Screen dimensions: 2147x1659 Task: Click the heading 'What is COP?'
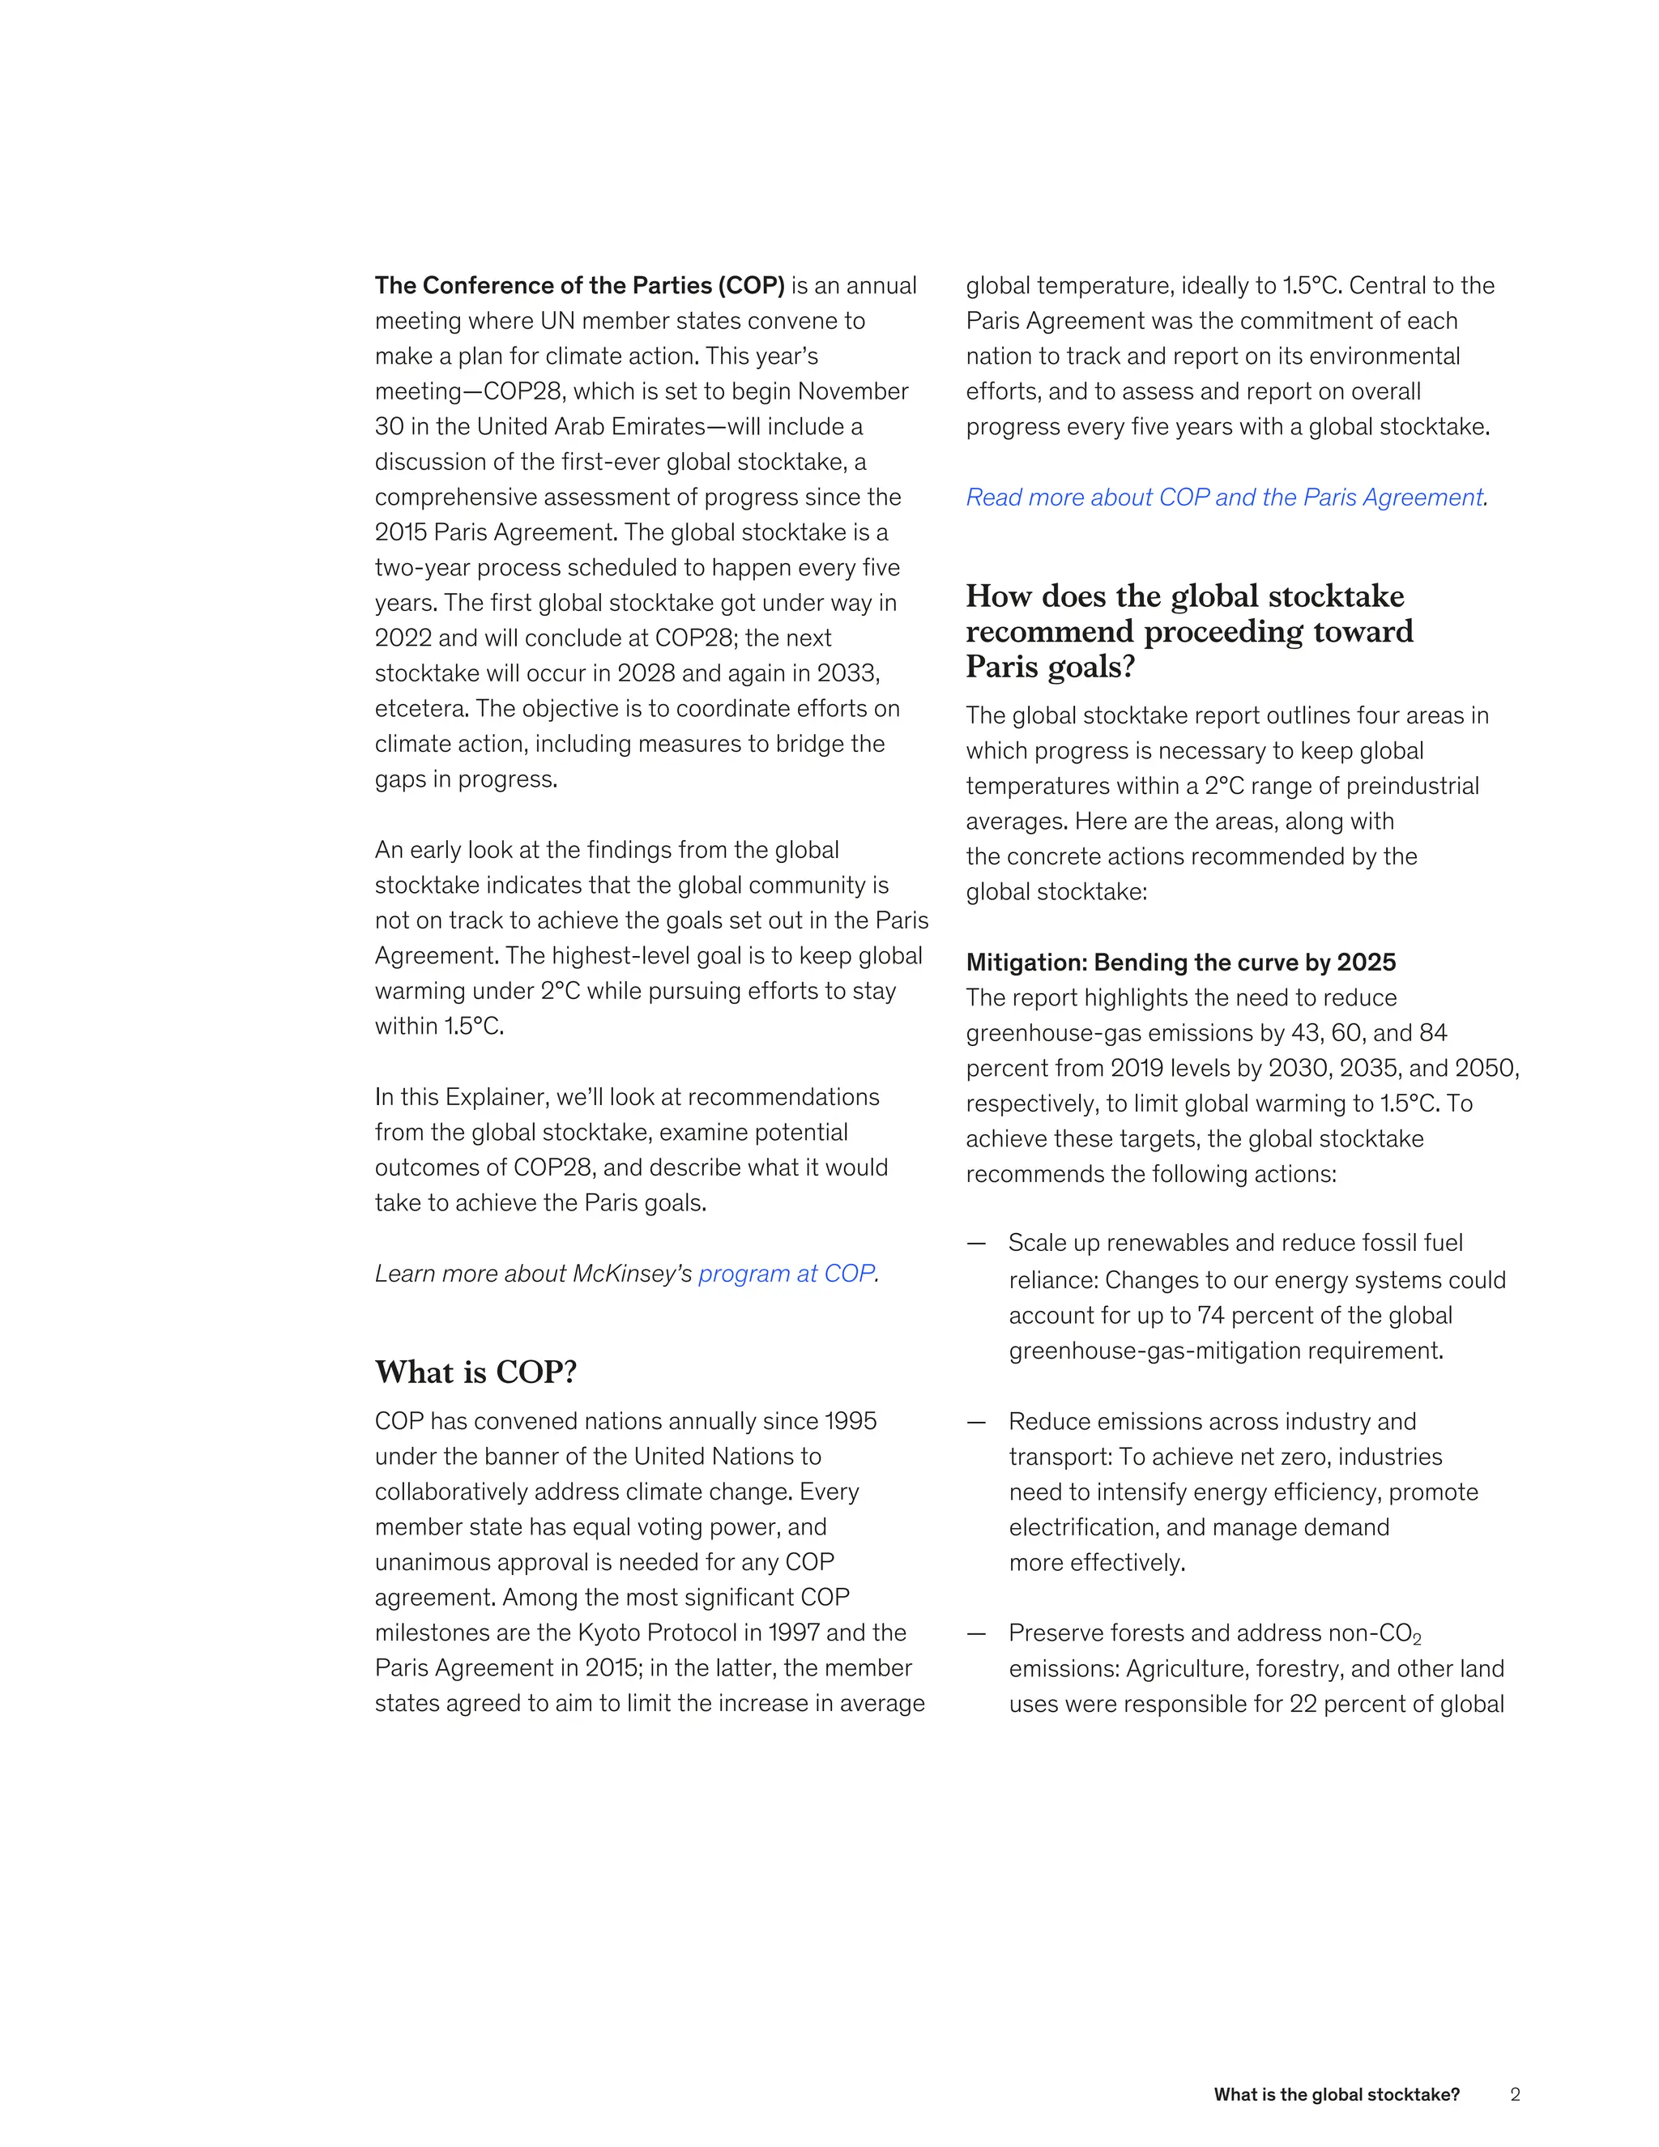coord(476,1372)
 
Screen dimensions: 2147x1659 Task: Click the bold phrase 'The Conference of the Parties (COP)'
coord(579,286)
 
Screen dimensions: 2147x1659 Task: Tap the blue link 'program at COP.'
coord(788,1274)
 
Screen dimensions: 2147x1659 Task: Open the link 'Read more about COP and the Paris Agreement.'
coord(1226,497)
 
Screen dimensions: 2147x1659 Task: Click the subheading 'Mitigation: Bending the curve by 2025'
coord(1180,963)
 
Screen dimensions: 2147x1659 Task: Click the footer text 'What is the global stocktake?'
coord(1336,2095)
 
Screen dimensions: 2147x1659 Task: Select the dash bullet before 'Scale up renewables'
coord(975,1244)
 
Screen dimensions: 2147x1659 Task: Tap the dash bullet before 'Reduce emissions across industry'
coord(975,1423)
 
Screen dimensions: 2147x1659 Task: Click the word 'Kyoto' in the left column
coord(608,1633)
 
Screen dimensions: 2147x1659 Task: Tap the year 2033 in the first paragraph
coord(847,673)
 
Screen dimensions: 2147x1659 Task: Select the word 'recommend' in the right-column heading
coord(1050,631)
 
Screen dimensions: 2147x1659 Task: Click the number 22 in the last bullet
coord(1303,1704)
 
